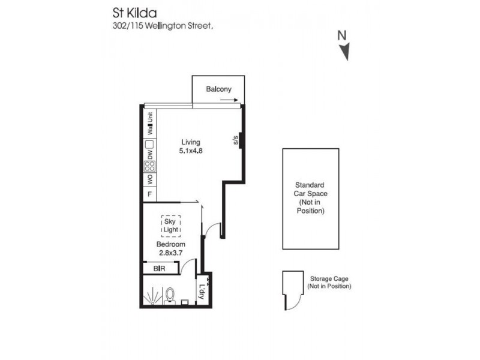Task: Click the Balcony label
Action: pos(218,89)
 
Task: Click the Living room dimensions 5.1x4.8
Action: pos(191,151)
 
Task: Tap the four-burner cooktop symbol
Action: pos(149,167)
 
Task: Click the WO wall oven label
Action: pos(149,180)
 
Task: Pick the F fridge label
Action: pos(149,194)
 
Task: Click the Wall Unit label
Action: pos(149,124)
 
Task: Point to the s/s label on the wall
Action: pos(236,141)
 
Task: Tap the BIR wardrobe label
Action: pos(160,269)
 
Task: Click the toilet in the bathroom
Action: pos(170,296)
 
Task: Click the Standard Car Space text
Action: pos(310,198)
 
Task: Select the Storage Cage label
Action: pos(329,283)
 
